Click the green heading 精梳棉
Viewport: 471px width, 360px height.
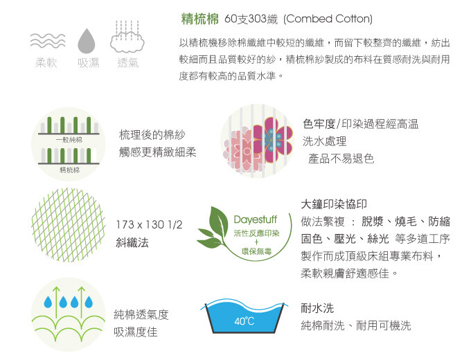[x=200, y=19]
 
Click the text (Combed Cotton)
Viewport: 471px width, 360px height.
[x=328, y=19]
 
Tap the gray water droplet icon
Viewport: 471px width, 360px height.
[x=86, y=41]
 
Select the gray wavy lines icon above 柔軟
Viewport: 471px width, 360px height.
[x=48, y=41]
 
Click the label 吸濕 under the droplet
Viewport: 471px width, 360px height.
[x=89, y=63]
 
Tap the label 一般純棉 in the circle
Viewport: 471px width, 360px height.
[x=69, y=140]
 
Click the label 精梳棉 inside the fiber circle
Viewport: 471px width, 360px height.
[x=69, y=170]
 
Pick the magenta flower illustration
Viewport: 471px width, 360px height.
[x=272, y=136]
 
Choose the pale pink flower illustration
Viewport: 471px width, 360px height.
[x=240, y=149]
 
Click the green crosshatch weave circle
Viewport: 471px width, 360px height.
[x=69, y=225]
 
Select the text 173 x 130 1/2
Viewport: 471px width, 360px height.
[x=149, y=224]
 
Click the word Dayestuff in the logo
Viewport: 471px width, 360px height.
[x=255, y=219]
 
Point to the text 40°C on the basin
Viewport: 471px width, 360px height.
[x=244, y=321]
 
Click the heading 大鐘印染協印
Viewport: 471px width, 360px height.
[x=334, y=204]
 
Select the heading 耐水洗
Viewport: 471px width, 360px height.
[x=317, y=308]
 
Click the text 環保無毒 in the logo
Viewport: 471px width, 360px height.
[x=256, y=251]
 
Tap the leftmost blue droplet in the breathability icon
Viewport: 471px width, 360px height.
[x=48, y=302]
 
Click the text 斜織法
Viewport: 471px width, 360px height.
[x=132, y=242]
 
